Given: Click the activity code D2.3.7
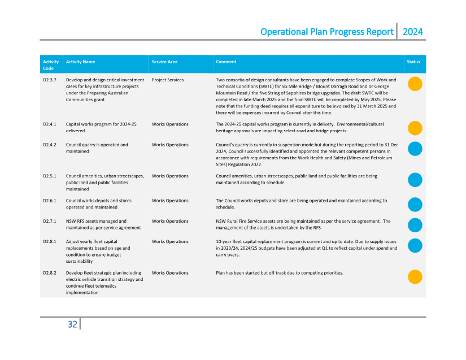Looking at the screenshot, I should (x=50, y=80).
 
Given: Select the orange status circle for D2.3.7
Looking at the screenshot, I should (x=415, y=84).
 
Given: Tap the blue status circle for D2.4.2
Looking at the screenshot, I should (x=415, y=149).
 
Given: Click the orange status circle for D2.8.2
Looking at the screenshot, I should (x=415, y=277).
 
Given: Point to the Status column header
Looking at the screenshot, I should (x=413, y=62).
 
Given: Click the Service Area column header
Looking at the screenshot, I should (x=164, y=62).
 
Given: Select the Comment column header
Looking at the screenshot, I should (x=226, y=62).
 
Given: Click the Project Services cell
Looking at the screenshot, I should (x=168, y=80).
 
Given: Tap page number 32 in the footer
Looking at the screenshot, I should (x=72, y=324).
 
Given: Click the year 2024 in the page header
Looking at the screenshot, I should (x=412, y=32).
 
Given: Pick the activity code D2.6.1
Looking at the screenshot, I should (x=50, y=201).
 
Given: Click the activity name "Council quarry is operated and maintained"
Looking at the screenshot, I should (x=97, y=148).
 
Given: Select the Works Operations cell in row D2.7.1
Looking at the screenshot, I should (x=170, y=221).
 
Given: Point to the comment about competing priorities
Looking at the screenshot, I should (x=279, y=273).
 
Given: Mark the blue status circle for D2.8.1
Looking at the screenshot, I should (x=415, y=245).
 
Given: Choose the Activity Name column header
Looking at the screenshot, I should (x=80, y=62).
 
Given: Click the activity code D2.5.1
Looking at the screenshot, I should (x=50, y=176).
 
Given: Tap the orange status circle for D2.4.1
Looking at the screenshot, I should (x=415, y=128).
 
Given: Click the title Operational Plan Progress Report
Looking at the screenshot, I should (x=326, y=32).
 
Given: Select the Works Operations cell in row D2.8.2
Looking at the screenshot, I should (x=170, y=273).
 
